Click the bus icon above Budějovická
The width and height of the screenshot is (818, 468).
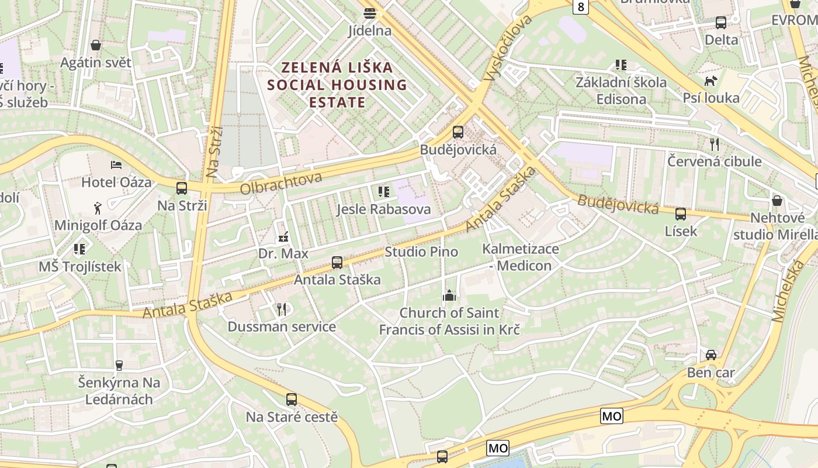coord(458,132)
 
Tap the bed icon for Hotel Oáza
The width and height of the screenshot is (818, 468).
coord(116,165)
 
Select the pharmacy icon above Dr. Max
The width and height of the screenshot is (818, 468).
coord(283,238)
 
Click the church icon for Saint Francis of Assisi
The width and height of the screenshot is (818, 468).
coord(449,295)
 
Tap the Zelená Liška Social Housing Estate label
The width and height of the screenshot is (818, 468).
coord(337,85)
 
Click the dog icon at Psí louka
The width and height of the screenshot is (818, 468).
coord(710,81)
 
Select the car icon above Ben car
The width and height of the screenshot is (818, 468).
coord(710,355)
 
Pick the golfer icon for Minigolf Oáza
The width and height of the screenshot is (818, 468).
coord(98,208)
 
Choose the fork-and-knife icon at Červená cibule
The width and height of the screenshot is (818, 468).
coord(714,144)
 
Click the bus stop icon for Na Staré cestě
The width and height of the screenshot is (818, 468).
coord(292,400)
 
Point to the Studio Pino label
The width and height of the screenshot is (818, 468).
coord(421,252)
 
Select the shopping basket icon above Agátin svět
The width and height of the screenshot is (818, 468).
coord(96,45)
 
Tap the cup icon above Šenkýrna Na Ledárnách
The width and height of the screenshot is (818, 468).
coord(119,366)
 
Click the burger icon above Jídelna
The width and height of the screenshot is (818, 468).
coord(369,13)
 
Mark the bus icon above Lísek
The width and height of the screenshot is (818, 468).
coord(681,214)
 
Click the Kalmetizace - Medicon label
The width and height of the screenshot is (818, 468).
coord(520,257)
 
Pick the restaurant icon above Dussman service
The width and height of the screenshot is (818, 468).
coord(282,309)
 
